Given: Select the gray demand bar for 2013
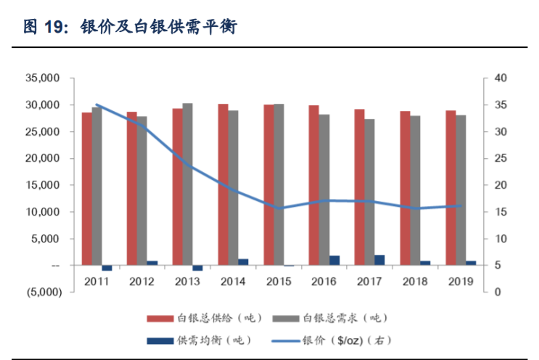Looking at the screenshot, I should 188,184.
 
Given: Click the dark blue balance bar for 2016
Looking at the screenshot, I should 334,261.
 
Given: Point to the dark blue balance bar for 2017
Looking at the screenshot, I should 379,260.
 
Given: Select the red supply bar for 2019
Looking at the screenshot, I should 450,188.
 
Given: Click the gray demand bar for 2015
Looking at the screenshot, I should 279,184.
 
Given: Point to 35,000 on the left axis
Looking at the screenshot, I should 44,78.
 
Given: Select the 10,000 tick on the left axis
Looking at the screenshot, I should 44,212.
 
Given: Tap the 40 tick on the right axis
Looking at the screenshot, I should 501,78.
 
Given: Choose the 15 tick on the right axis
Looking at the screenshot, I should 501,212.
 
